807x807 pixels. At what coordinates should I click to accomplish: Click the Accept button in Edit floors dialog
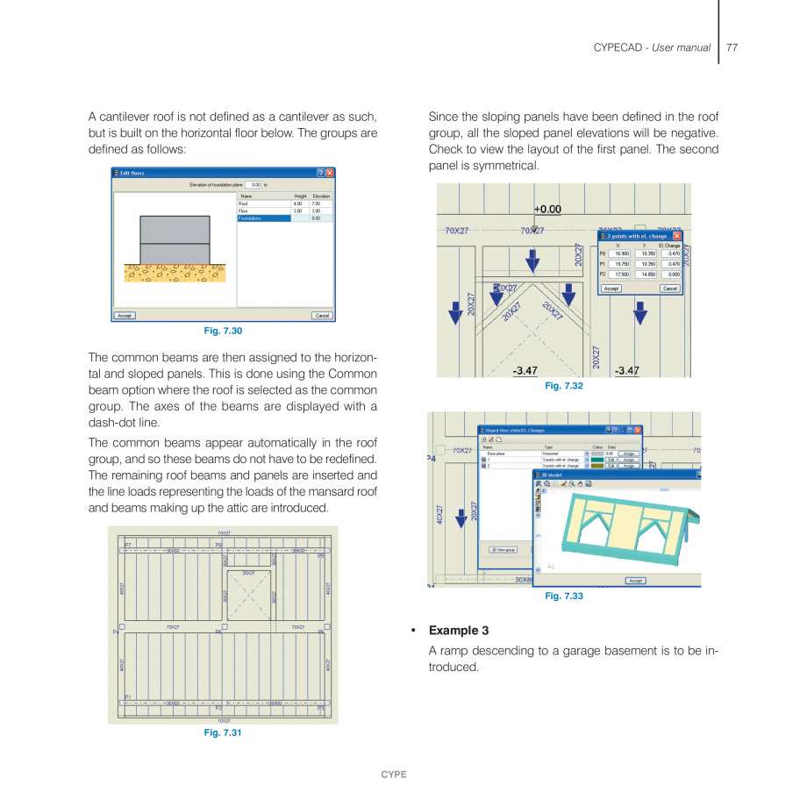[125, 316]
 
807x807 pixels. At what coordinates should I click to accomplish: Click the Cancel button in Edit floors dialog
[322, 316]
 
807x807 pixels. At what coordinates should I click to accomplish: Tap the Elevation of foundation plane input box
[254, 185]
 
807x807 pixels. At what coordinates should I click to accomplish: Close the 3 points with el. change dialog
[677, 236]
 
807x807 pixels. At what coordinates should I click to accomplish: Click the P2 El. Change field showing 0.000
[670, 274]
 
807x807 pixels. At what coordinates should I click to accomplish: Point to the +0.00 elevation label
[547, 210]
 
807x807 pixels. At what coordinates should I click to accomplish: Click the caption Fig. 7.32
[563, 386]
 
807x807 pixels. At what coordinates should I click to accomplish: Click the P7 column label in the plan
[127, 545]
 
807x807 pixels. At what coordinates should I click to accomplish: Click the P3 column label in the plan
[321, 708]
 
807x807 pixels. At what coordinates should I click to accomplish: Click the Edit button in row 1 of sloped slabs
[611, 460]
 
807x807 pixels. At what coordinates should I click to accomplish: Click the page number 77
[732, 47]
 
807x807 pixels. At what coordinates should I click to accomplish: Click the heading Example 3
[458, 630]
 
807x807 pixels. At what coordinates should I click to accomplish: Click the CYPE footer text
[394, 775]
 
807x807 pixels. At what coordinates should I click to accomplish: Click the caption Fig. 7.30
[223, 331]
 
